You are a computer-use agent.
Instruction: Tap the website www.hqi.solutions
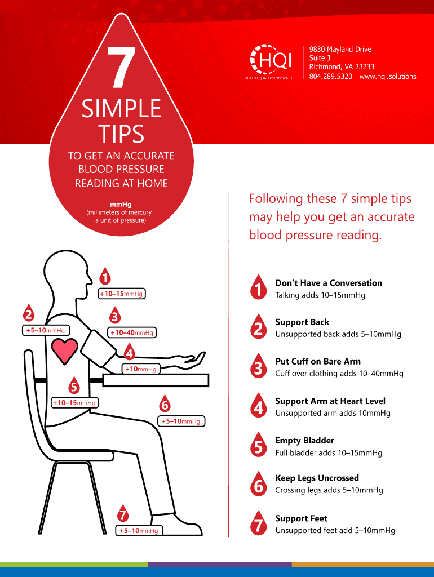[x=388, y=77]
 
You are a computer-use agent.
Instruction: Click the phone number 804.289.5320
[x=330, y=77]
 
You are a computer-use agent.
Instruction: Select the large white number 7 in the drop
[x=121, y=67]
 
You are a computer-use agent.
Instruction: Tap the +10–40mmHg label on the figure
[x=132, y=332]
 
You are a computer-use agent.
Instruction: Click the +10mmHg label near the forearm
[x=140, y=369]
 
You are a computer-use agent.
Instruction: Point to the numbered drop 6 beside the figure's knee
[x=165, y=403]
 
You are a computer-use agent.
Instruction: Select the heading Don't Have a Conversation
[x=329, y=283]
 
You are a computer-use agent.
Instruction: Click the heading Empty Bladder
[x=305, y=441]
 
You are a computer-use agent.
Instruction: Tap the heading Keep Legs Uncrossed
[x=317, y=478]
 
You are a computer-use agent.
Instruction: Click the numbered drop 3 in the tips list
[x=258, y=366]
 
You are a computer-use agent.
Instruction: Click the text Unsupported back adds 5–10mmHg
[x=338, y=334]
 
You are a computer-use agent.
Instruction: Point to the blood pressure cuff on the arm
[x=98, y=348]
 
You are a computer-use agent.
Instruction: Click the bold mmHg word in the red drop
[x=121, y=205]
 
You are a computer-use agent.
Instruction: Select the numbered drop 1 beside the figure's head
[x=105, y=276]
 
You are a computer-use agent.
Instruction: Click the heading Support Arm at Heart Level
[x=330, y=401]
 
